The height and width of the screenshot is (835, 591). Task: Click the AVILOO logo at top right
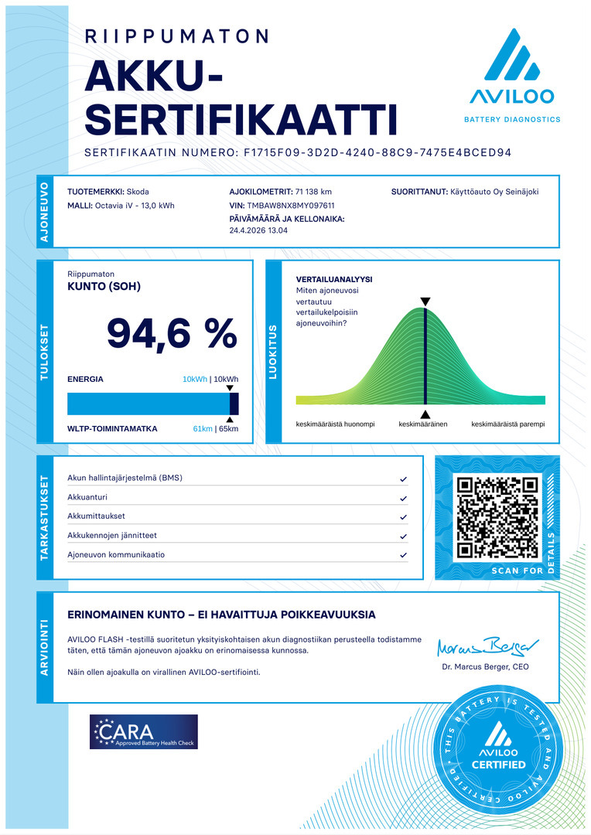[x=511, y=76]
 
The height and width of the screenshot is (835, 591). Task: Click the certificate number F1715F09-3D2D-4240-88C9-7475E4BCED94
[x=377, y=153]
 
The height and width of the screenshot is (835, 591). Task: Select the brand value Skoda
[x=138, y=192]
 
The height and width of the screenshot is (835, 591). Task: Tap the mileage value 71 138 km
[x=313, y=192]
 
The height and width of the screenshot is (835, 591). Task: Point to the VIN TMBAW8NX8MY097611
[x=290, y=206]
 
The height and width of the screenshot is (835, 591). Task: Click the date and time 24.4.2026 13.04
[x=258, y=230]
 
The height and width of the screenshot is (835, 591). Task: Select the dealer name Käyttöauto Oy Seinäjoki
[x=495, y=192]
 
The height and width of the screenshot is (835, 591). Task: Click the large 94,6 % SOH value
[x=171, y=333]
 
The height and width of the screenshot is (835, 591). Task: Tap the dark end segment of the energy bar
[x=234, y=404]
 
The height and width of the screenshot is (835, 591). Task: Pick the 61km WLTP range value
[x=202, y=428]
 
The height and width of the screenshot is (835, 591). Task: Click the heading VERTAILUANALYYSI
[x=334, y=279]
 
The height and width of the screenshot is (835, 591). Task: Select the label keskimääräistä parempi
[x=508, y=424]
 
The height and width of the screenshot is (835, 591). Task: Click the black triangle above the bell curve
[x=425, y=302]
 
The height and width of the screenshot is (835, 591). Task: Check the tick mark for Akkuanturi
[x=403, y=498]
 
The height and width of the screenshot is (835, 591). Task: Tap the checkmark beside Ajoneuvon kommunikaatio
[x=403, y=555]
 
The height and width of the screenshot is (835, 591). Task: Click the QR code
[x=497, y=518]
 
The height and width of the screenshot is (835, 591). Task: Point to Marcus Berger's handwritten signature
[x=487, y=646]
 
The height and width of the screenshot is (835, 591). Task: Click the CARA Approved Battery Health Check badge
[x=143, y=731]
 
